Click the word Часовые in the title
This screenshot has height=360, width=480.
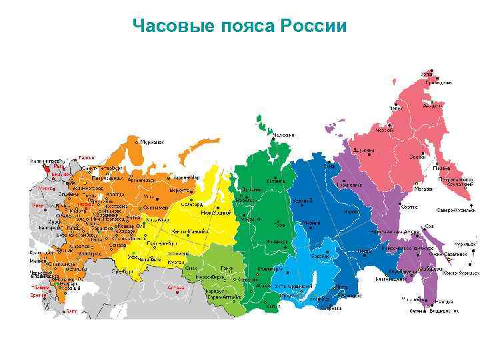pyautogui.click(x=170, y=27)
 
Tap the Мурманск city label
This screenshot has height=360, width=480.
pyautogui.click(x=153, y=142)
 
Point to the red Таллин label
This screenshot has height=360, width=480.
pyautogui.click(x=87, y=157)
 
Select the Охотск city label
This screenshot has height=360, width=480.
pyautogui.click(x=409, y=207)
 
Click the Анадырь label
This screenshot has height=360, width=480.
pyautogui.click(x=433, y=105)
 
